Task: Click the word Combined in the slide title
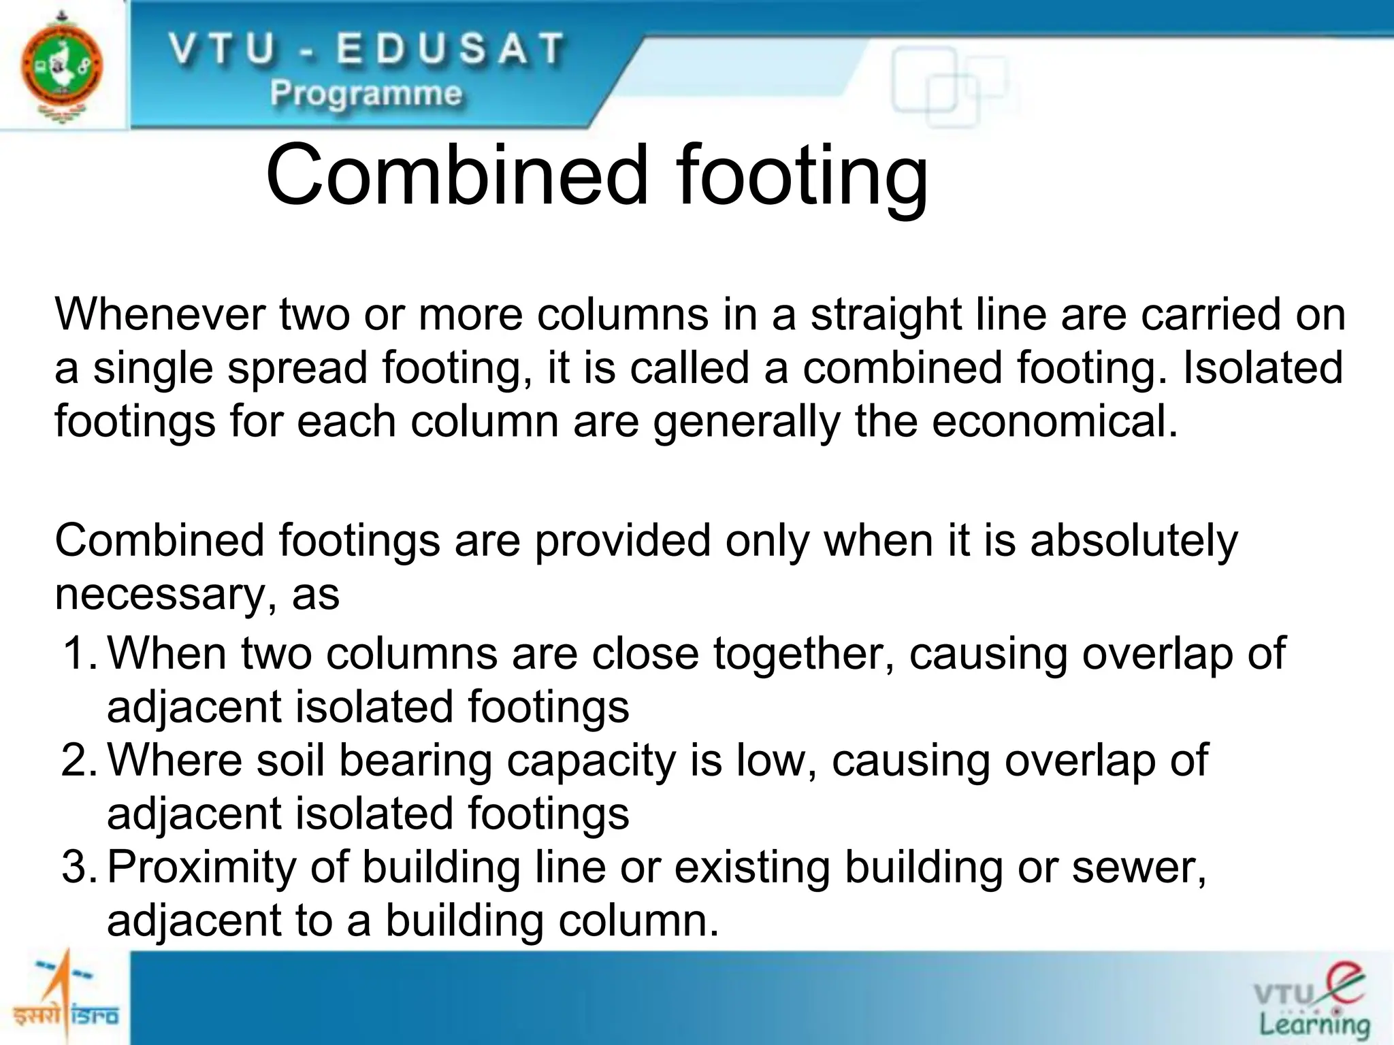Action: click(457, 175)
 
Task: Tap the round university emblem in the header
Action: click(62, 67)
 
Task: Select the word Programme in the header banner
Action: click(366, 94)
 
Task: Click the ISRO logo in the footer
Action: click(65, 997)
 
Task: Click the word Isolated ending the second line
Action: click(1263, 368)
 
